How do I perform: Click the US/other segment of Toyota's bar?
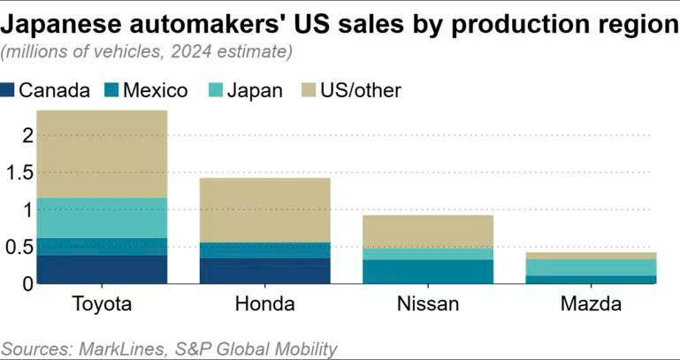pyautogui.click(x=102, y=154)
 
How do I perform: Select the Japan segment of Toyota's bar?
pyautogui.click(x=102, y=218)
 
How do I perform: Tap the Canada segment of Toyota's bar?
pyautogui.click(x=102, y=269)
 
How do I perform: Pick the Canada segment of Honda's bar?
pyautogui.click(x=265, y=271)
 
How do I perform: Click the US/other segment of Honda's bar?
pyautogui.click(x=265, y=210)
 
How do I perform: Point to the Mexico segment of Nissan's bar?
pyautogui.click(x=428, y=271)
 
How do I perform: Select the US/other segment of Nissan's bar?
pyautogui.click(x=428, y=231)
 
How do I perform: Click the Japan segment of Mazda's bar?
pyautogui.click(x=591, y=267)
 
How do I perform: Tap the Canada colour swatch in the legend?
pyautogui.click(x=9, y=90)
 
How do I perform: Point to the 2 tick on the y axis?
pyautogui.click(x=27, y=135)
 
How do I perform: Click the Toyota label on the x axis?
pyautogui.click(x=101, y=305)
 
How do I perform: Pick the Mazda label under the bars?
pyautogui.click(x=591, y=305)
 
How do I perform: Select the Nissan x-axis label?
pyautogui.click(x=428, y=305)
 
